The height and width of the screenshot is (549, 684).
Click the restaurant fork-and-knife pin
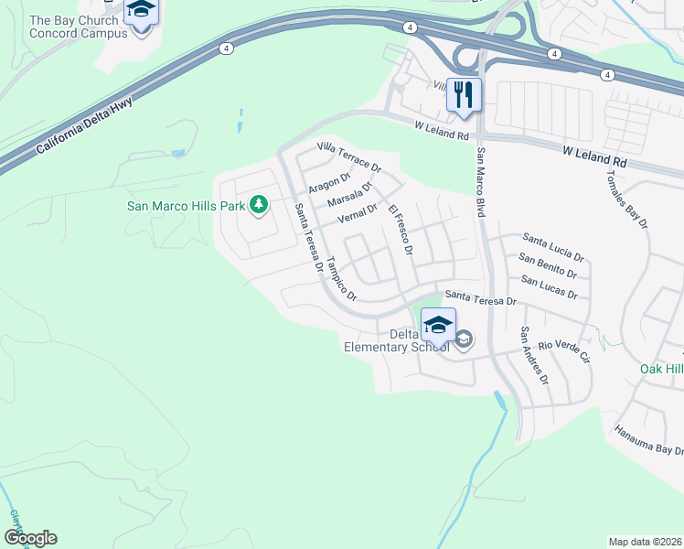coord(464,94)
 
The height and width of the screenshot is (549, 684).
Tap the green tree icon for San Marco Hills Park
coord(259,205)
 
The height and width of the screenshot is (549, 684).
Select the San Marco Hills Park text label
coord(185,205)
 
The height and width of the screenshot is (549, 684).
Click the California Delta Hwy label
coord(85,124)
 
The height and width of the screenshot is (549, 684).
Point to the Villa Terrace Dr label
coord(348,156)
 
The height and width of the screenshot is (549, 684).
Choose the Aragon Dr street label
coord(329,183)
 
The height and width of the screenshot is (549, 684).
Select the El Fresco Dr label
coord(401,230)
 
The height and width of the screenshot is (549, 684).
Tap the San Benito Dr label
coord(549,266)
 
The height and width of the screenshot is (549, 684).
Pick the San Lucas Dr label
coord(549,287)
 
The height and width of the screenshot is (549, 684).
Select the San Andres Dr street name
coord(534,355)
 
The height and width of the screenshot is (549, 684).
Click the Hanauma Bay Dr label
coord(648,440)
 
